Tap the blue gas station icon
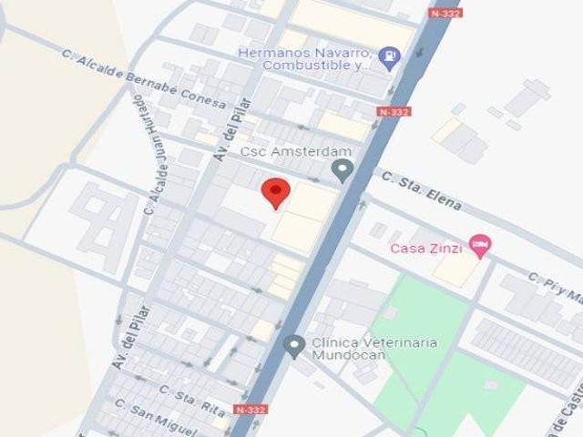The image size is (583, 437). [x=389, y=58]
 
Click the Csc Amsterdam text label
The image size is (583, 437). [x=283, y=152]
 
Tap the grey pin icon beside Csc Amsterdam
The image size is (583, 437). [x=343, y=169]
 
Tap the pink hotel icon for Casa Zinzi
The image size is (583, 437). [x=479, y=245]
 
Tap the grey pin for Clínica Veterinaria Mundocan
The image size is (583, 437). [x=293, y=346]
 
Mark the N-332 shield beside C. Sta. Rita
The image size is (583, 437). [x=251, y=410]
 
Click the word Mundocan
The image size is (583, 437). [x=349, y=355]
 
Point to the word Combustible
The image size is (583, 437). [x=308, y=66]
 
